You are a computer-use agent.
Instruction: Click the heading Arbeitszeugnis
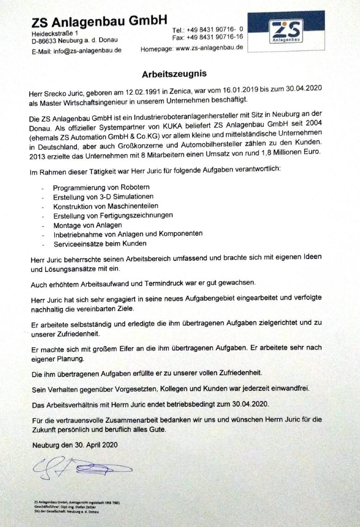coord(174,73)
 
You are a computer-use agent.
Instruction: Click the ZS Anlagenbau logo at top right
coord(286,31)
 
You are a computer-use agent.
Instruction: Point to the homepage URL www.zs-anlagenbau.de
coord(209,48)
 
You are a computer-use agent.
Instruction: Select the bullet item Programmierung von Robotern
coord(101,188)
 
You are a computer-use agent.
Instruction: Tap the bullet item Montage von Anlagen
coord(87,225)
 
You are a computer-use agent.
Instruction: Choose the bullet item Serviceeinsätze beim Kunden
coord(100,244)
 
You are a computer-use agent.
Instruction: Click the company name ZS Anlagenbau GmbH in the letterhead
coord(99,21)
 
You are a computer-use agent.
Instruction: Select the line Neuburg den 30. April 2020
coord(75,445)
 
